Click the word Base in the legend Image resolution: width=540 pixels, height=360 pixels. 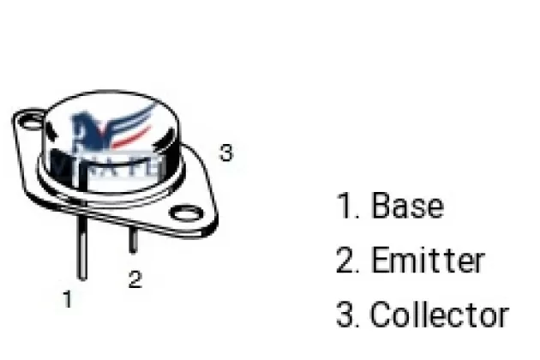[x=407, y=207]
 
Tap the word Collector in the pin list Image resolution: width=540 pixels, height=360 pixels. [x=439, y=315]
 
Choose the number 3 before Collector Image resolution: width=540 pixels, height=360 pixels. [x=347, y=315]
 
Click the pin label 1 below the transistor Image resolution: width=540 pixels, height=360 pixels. [x=68, y=299]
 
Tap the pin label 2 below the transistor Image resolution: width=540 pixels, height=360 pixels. [x=135, y=280]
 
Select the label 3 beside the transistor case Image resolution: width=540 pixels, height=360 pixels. [x=225, y=153]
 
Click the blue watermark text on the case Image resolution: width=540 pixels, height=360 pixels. [x=120, y=163]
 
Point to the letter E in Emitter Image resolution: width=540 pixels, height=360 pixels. [x=379, y=261]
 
